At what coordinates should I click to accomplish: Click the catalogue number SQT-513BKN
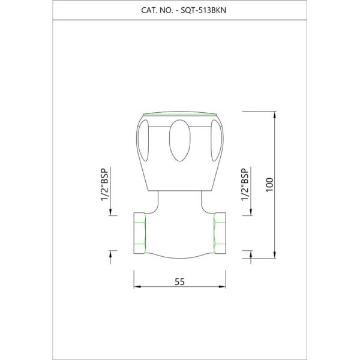pos(203,10)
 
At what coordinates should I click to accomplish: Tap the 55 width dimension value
pos(179,282)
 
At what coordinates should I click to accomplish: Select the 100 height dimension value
pos(270,185)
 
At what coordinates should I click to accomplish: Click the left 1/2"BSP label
pos(104,185)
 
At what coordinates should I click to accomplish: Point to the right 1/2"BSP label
pos(245,185)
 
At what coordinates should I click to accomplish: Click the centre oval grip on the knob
pos(180,140)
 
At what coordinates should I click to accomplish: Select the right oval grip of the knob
pos(216,140)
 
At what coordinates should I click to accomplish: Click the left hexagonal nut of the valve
pos(140,233)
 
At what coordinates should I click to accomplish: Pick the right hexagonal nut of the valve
pos(220,233)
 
